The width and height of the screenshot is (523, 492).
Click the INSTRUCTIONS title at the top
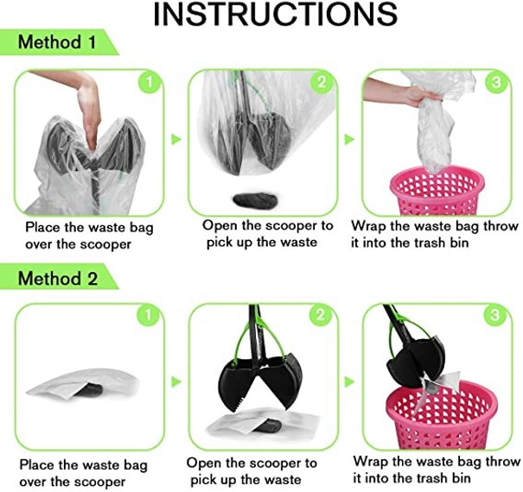point(275,15)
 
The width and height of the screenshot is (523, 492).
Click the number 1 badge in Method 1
point(150,82)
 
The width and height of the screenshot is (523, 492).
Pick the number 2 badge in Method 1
point(322,82)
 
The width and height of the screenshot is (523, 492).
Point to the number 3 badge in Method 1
point(496,82)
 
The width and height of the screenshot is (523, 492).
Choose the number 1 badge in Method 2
point(149,315)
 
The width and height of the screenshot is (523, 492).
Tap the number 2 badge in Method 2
point(321,315)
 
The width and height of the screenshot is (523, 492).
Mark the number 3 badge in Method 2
point(495,315)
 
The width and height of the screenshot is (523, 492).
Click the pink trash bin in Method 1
point(437,191)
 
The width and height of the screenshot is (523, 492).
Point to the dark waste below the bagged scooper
point(255,201)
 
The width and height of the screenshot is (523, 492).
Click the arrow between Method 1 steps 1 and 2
point(175,139)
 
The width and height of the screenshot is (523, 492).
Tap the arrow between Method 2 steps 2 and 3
point(349,382)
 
